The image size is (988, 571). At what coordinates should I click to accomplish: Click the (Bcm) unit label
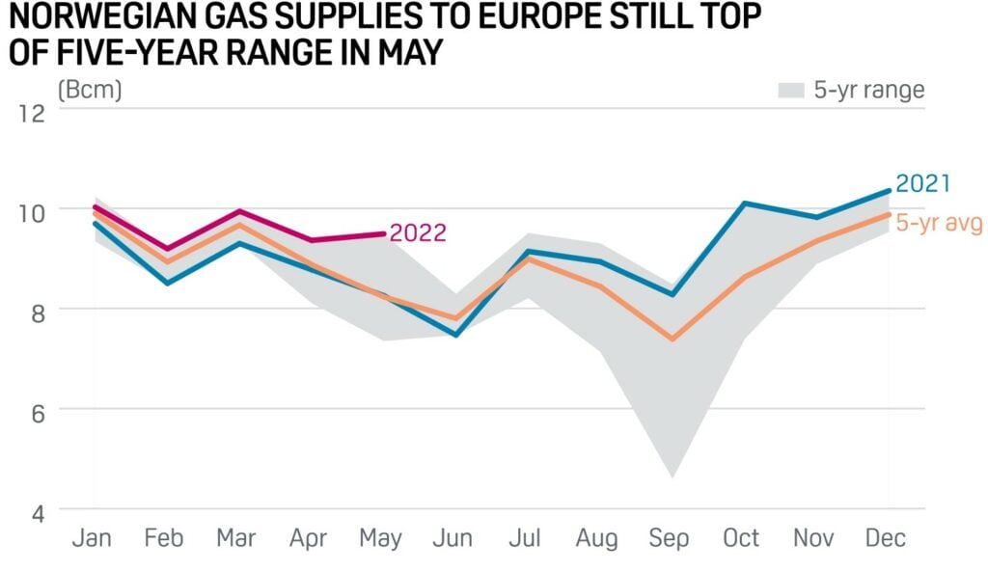pyautogui.click(x=90, y=91)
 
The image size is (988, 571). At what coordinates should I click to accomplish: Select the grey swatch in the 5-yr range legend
pyautogui.click(x=790, y=91)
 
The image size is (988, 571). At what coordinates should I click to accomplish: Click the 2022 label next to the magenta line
pyautogui.click(x=418, y=234)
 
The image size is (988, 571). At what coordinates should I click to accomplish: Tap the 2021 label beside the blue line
pyautogui.click(x=923, y=183)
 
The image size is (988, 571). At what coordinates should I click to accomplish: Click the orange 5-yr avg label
pyautogui.click(x=938, y=223)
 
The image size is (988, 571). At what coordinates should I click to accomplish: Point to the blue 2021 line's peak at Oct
pyautogui.click(x=743, y=204)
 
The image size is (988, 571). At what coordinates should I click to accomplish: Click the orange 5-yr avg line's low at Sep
pyautogui.click(x=672, y=340)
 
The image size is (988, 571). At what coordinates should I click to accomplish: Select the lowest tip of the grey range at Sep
pyautogui.click(x=672, y=476)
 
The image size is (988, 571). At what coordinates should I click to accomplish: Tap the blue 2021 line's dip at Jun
pyautogui.click(x=455, y=335)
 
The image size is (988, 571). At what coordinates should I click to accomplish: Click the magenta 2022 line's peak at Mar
pyautogui.click(x=238, y=211)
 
